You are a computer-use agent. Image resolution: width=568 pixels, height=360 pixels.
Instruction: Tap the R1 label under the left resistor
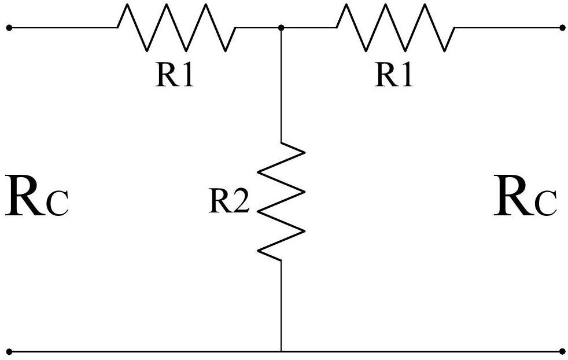click(x=175, y=75)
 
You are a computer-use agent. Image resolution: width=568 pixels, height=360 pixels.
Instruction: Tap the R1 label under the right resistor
click(x=394, y=75)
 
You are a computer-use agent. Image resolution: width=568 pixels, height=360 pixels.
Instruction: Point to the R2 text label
click(x=229, y=200)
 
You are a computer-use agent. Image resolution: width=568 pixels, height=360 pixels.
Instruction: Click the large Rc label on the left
click(x=37, y=196)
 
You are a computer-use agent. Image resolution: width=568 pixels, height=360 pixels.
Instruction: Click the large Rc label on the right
click(x=525, y=196)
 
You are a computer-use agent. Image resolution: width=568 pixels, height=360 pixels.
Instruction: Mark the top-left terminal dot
click(x=9, y=28)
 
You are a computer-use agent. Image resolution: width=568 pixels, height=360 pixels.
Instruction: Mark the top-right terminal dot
click(x=562, y=28)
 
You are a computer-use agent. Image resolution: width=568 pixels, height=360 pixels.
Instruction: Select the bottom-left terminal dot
click(x=9, y=351)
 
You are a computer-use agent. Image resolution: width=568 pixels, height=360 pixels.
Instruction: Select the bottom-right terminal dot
click(x=562, y=351)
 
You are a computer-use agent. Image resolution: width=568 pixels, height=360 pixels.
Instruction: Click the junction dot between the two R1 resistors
click(x=281, y=28)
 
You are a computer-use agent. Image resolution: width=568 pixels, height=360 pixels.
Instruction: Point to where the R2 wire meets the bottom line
click(x=281, y=351)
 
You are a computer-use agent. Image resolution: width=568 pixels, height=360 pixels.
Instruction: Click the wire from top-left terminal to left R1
click(x=64, y=28)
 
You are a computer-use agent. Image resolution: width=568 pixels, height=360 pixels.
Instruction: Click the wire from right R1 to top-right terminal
click(x=508, y=28)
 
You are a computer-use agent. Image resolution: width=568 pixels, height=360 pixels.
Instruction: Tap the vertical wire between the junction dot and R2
click(x=281, y=85)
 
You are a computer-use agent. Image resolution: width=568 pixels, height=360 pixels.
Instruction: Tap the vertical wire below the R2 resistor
click(x=281, y=306)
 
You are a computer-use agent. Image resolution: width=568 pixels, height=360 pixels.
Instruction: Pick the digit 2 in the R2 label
click(x=240, y=200)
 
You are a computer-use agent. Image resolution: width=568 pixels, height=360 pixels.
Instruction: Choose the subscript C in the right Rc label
click(x=546, y=204)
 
